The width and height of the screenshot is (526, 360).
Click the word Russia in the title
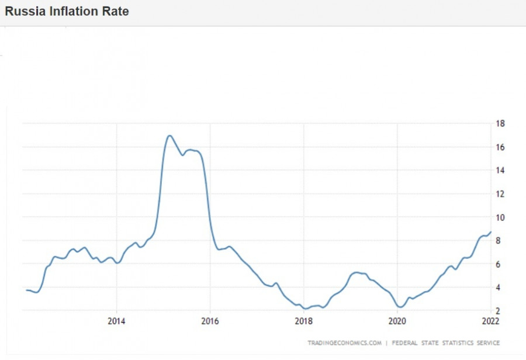(23, 11)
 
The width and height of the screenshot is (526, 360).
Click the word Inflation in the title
(71, 11)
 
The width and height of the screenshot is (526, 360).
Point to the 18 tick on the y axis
(500, 123)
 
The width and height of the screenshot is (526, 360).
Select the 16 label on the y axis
(500, 147)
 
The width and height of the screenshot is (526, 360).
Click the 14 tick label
(500, 170)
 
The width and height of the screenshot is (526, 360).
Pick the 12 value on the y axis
(500, 193)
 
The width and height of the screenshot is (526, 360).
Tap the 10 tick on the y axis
(500, 217)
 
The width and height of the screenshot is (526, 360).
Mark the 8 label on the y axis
(498, 240)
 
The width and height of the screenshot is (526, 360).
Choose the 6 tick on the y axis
(498, 264)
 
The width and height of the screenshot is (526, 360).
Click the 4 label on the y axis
(498, 287)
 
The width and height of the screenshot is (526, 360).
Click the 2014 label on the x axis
(116, 321)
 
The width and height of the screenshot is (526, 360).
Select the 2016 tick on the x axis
(210, 321)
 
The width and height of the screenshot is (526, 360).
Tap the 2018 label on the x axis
(303, 321)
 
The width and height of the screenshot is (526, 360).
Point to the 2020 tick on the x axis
(397, 321)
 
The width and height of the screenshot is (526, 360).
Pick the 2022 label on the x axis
(490, 321)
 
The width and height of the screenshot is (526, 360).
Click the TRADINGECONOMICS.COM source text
(345, 342)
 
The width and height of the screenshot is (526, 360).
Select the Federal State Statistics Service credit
(446, 342)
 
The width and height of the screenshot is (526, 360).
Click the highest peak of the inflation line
(169, 136)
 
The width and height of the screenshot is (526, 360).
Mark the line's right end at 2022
(490, 232)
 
